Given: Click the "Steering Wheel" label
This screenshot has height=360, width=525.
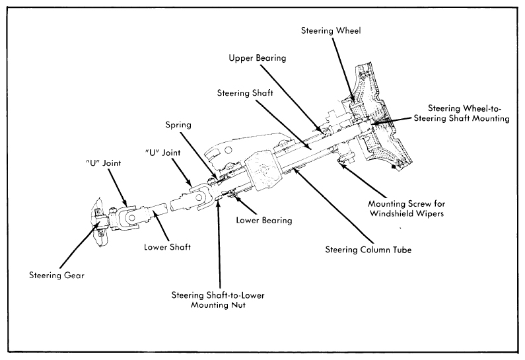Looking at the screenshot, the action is click(331, 31).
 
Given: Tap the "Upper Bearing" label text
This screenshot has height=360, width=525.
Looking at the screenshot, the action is click(258, 58).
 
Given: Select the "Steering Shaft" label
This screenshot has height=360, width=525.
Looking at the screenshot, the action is click(245, 92).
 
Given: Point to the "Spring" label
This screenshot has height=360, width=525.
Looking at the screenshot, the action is click(178, 125).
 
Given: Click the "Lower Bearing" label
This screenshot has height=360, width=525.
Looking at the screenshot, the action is click(264, 220).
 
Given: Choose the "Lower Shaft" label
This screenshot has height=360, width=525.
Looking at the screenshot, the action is click(168, 247).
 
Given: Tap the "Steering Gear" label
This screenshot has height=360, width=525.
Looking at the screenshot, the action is click(57, 275).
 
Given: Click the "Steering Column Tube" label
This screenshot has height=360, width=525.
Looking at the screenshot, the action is click(368, 250).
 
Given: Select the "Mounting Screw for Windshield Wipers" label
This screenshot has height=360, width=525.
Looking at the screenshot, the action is click(407, 208).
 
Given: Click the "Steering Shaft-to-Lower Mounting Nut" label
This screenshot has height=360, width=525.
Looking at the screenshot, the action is click(218, 300).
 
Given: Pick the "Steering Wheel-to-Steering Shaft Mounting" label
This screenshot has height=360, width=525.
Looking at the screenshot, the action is click(462, 113).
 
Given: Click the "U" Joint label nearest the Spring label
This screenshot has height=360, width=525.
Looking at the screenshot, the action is click(162, 153).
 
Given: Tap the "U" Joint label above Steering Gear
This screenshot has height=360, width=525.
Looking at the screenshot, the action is click(103, 163).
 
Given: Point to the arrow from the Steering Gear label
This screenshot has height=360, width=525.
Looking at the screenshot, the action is click(80, 243).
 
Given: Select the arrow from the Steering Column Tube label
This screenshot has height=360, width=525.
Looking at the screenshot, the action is click(332, 205).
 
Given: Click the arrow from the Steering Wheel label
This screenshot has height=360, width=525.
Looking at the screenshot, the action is click(344, 69).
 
